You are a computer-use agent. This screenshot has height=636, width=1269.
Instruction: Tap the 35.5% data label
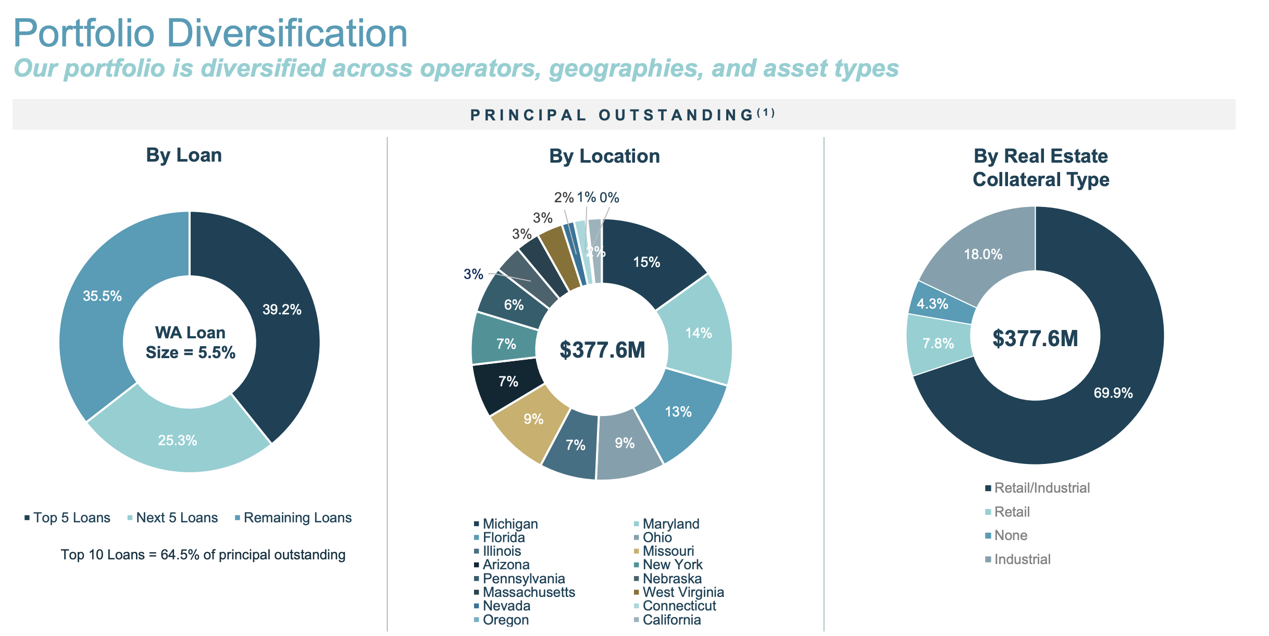click(x=103, y=296)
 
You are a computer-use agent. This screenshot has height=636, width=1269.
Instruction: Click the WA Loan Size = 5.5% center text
click(x=190, y=343)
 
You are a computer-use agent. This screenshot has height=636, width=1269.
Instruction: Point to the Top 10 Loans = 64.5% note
click(x=203, y=555)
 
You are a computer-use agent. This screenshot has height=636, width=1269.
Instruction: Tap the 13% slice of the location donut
click(x=678, y=412)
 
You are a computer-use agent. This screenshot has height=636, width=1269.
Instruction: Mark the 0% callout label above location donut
click(x=609, y=198)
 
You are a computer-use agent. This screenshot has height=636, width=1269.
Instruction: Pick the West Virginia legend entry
click(x=682, y=592)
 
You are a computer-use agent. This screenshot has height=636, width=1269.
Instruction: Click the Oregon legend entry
click(x=505, y=620)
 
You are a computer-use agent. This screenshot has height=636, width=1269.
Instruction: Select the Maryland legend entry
click(x=670, y=524)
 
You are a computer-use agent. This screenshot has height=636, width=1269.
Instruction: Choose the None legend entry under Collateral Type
click(x=1011, y=535)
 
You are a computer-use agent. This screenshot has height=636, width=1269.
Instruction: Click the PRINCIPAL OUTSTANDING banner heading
click(x=623, y=115)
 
